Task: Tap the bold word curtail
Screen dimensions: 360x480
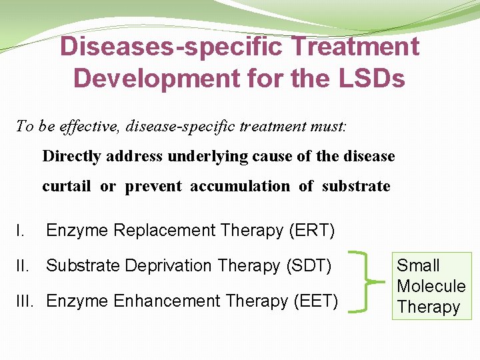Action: point(66,186)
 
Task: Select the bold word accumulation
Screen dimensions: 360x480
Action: point(240,186)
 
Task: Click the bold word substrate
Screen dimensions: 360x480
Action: point(356,186)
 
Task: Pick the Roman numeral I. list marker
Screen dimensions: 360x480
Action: point(21,231)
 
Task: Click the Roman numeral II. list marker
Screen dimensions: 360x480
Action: point(24,265)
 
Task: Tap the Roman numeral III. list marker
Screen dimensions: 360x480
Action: point(27,301)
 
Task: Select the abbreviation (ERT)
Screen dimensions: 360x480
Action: point(312,231)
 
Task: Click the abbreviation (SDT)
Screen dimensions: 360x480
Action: point(308,265)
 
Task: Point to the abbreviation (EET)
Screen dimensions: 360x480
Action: point(315,301)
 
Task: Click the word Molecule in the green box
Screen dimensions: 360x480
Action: point(431,287)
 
